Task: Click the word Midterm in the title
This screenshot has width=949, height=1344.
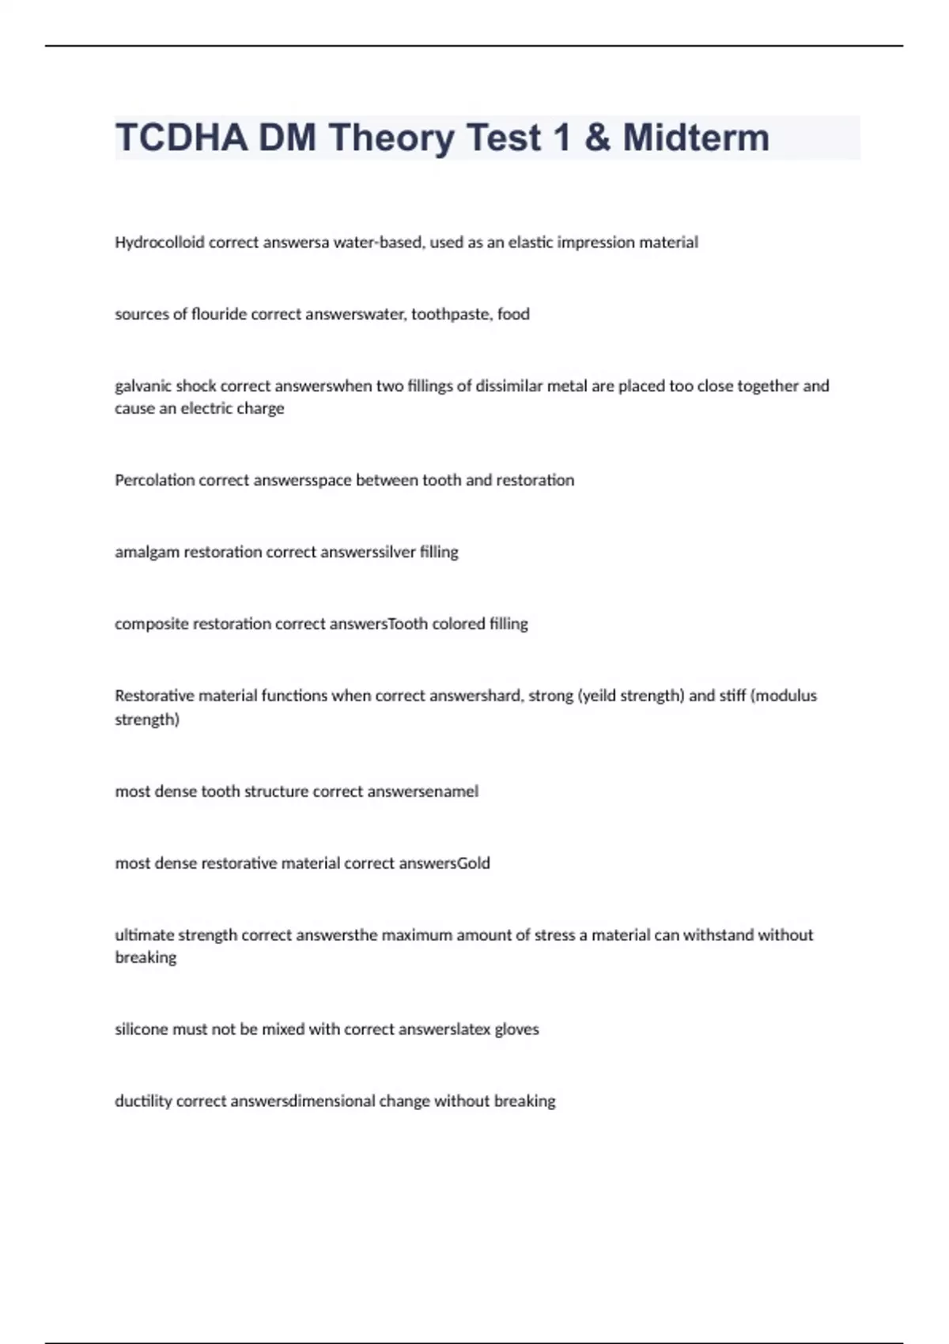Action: point(695,138)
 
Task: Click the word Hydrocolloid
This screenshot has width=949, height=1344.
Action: point(159,243)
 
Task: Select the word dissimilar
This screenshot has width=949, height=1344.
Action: point(506,387)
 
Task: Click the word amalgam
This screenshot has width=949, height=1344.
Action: point(147,553)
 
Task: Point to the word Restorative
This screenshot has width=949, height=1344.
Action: point(154,697)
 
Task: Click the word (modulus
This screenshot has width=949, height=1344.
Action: point(783,697)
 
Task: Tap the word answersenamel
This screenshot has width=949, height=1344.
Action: point(422,792)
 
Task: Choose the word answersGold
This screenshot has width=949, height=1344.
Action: point(444,864)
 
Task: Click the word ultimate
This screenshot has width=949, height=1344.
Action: point(144,936)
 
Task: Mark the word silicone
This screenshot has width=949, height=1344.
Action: point(142,1030)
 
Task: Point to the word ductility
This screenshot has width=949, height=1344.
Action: point(143,1102)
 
